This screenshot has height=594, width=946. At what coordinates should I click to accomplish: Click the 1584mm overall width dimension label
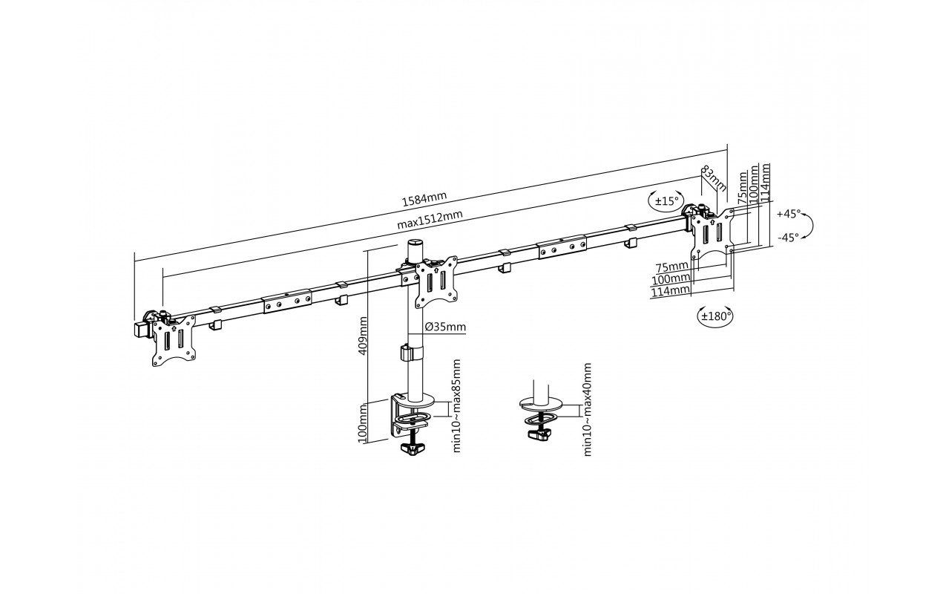424,198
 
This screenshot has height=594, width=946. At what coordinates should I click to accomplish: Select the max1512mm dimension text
430,220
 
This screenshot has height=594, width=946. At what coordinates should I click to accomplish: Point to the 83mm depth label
714,177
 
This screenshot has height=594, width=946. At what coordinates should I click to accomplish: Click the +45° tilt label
789,214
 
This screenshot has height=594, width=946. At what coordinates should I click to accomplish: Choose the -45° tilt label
789,237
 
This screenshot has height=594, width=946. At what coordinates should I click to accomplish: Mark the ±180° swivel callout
715,316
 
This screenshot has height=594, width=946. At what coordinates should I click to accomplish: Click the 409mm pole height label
362,336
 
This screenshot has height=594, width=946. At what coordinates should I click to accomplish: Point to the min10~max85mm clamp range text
456,406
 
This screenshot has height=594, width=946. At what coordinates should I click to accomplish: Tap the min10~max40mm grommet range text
587,409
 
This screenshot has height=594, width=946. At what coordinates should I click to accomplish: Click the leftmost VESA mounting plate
174,340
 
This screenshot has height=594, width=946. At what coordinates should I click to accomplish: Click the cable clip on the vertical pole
411,353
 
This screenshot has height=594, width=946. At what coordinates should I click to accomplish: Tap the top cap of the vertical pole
415,244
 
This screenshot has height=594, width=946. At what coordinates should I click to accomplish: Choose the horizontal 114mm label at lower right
670,291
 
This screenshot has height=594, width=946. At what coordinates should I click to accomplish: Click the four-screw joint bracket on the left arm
287,301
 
